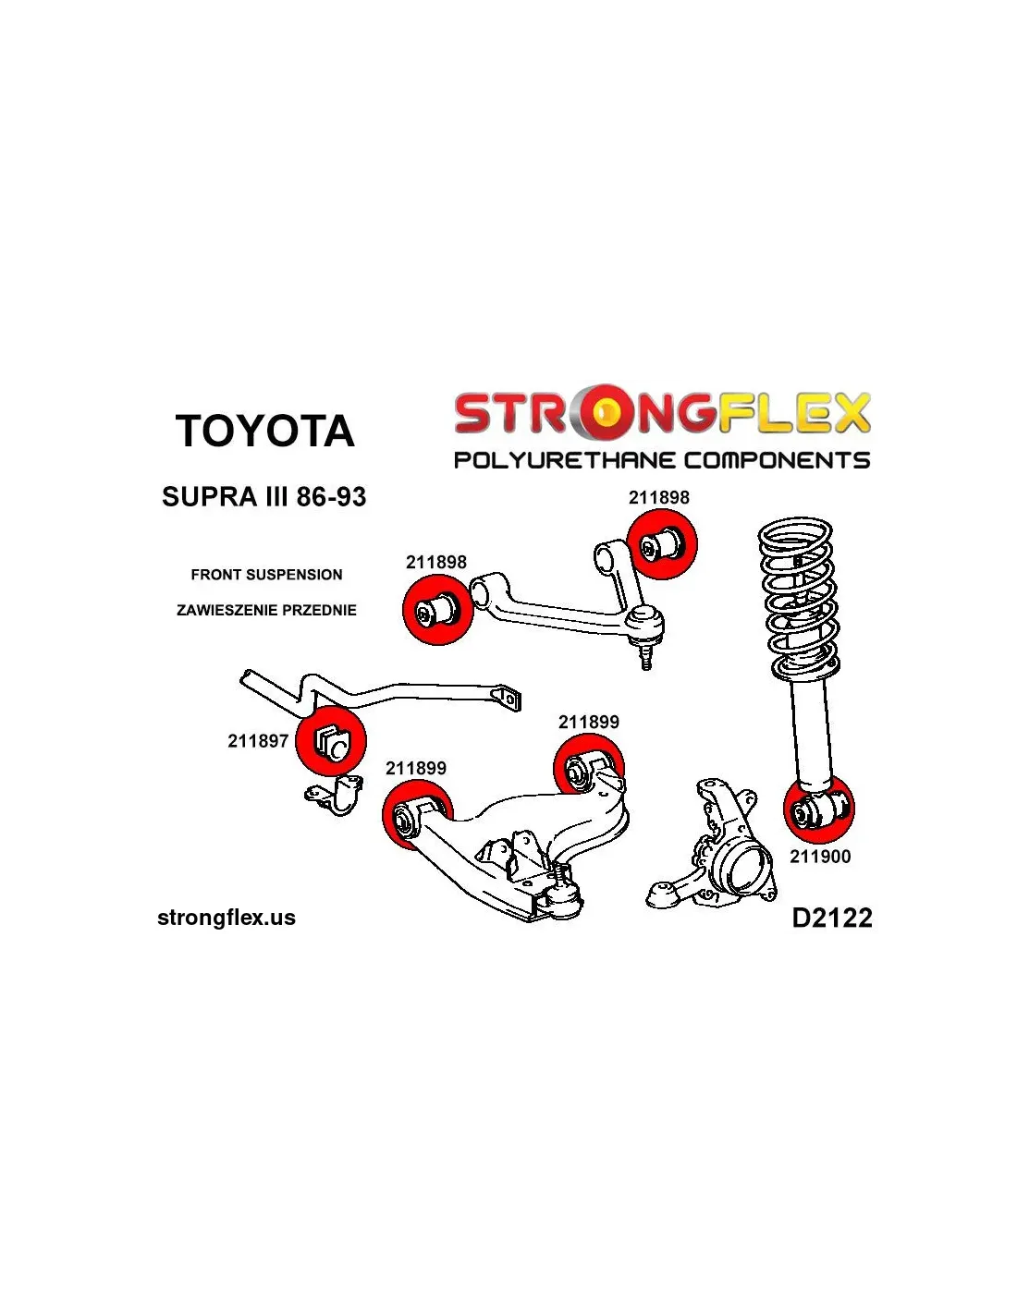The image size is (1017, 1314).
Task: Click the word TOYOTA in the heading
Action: (x=264, y=432)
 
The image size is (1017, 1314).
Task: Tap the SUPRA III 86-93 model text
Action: (x=263, y=497)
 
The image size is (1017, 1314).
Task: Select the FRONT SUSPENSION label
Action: (x=266, y=575)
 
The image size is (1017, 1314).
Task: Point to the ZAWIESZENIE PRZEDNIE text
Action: (x=266, y=610)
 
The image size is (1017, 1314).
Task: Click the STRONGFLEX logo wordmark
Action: (x=662, y=412)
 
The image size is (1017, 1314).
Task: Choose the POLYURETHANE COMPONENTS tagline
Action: (x=662, y=460)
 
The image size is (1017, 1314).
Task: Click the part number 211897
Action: (x=258, y=741)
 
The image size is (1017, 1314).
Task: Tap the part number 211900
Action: (x=820, y=857)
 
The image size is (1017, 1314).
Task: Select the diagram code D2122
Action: (x=832, y=918)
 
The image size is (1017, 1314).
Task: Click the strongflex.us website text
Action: (x=227, y=918)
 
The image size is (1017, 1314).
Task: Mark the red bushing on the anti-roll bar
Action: (x=331, y=740)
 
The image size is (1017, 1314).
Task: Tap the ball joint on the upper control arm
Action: (x=645, y=627)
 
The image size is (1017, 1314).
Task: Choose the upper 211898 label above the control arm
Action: (x=659, y=497)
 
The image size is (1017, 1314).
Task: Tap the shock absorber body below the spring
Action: (x=812, y=730)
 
